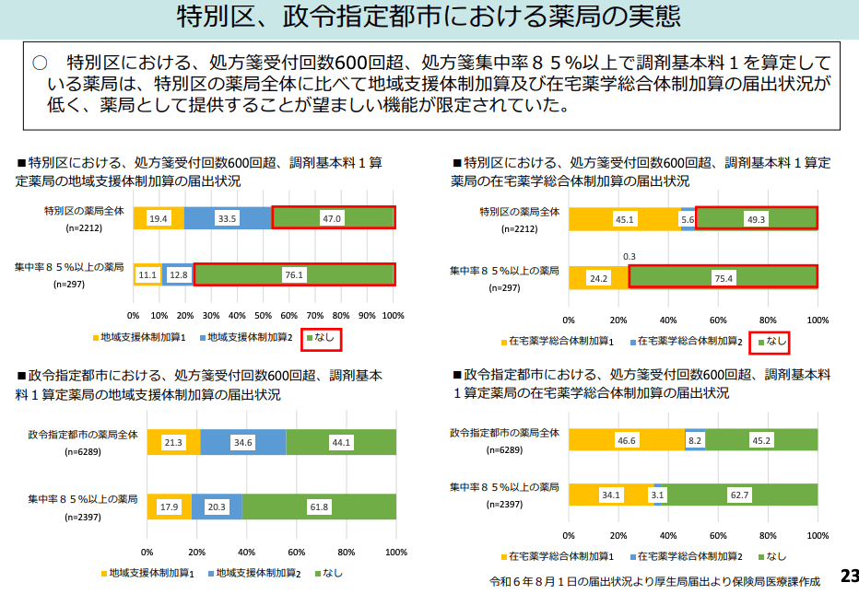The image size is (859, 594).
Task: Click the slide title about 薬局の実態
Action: point(429,18)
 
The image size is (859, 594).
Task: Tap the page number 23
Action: point(848,577)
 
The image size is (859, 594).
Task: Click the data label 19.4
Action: point(159,218)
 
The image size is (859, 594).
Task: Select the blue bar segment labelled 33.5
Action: point(228,218)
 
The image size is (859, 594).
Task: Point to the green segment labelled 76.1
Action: point(294,274)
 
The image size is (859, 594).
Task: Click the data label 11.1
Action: point(147,274)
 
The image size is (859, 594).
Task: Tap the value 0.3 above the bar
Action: point(630,256)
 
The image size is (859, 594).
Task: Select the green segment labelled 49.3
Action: point(756,218)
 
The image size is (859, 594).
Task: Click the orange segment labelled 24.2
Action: point(598,277)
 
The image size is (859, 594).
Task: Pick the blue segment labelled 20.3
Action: point(217,507)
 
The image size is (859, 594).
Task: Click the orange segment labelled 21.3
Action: point(173,442)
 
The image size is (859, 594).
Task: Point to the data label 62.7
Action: point(739,495)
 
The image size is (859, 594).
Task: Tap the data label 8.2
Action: point(695,441)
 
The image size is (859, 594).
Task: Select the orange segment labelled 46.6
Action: point(627,441)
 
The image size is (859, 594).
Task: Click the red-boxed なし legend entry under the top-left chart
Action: point(324,339)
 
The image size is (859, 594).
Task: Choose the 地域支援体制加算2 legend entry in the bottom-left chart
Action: point(257,573)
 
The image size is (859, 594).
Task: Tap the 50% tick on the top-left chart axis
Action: point(264,316)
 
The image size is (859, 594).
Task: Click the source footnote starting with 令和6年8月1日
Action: point(654,582)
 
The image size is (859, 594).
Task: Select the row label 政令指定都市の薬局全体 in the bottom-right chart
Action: point(504,432)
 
